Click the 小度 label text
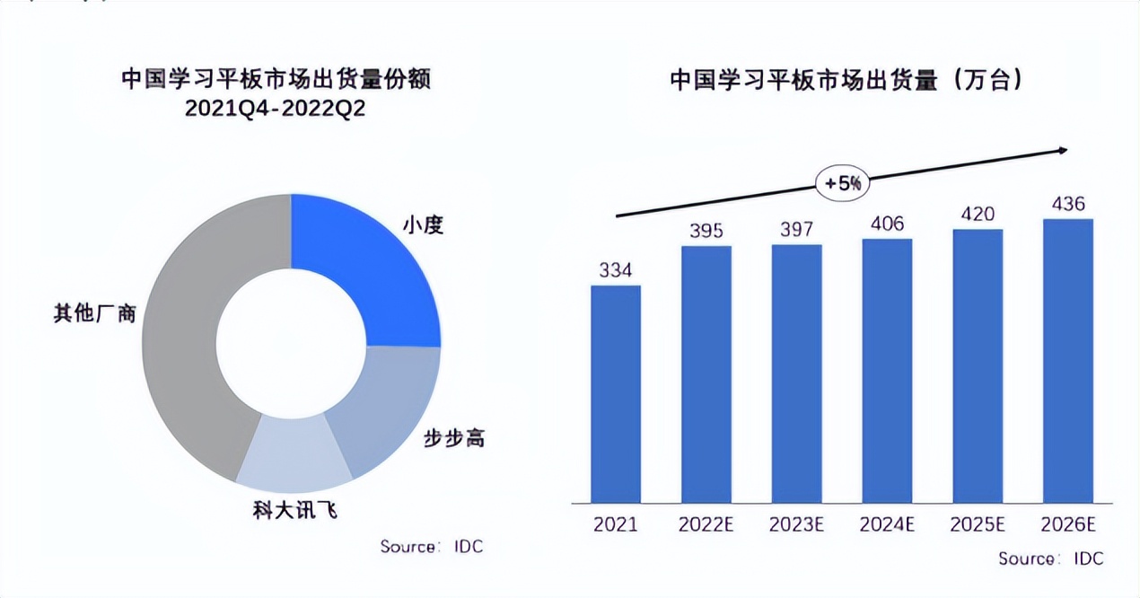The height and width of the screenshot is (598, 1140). (424, 224)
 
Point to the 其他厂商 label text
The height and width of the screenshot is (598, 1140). (95, 314)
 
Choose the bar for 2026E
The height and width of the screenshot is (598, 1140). (1067, 360)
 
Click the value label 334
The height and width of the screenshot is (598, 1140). (616, 269)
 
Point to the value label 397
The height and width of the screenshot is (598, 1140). (796, 229)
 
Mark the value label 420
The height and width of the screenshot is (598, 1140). (978, 214)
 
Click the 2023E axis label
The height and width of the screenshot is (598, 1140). (796, 524)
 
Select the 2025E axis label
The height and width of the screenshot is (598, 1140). (978, 524)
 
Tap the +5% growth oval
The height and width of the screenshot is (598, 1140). (842, 183)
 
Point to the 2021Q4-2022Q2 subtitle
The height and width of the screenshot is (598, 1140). (276, 108)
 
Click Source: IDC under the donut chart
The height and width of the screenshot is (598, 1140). (431, 546)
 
